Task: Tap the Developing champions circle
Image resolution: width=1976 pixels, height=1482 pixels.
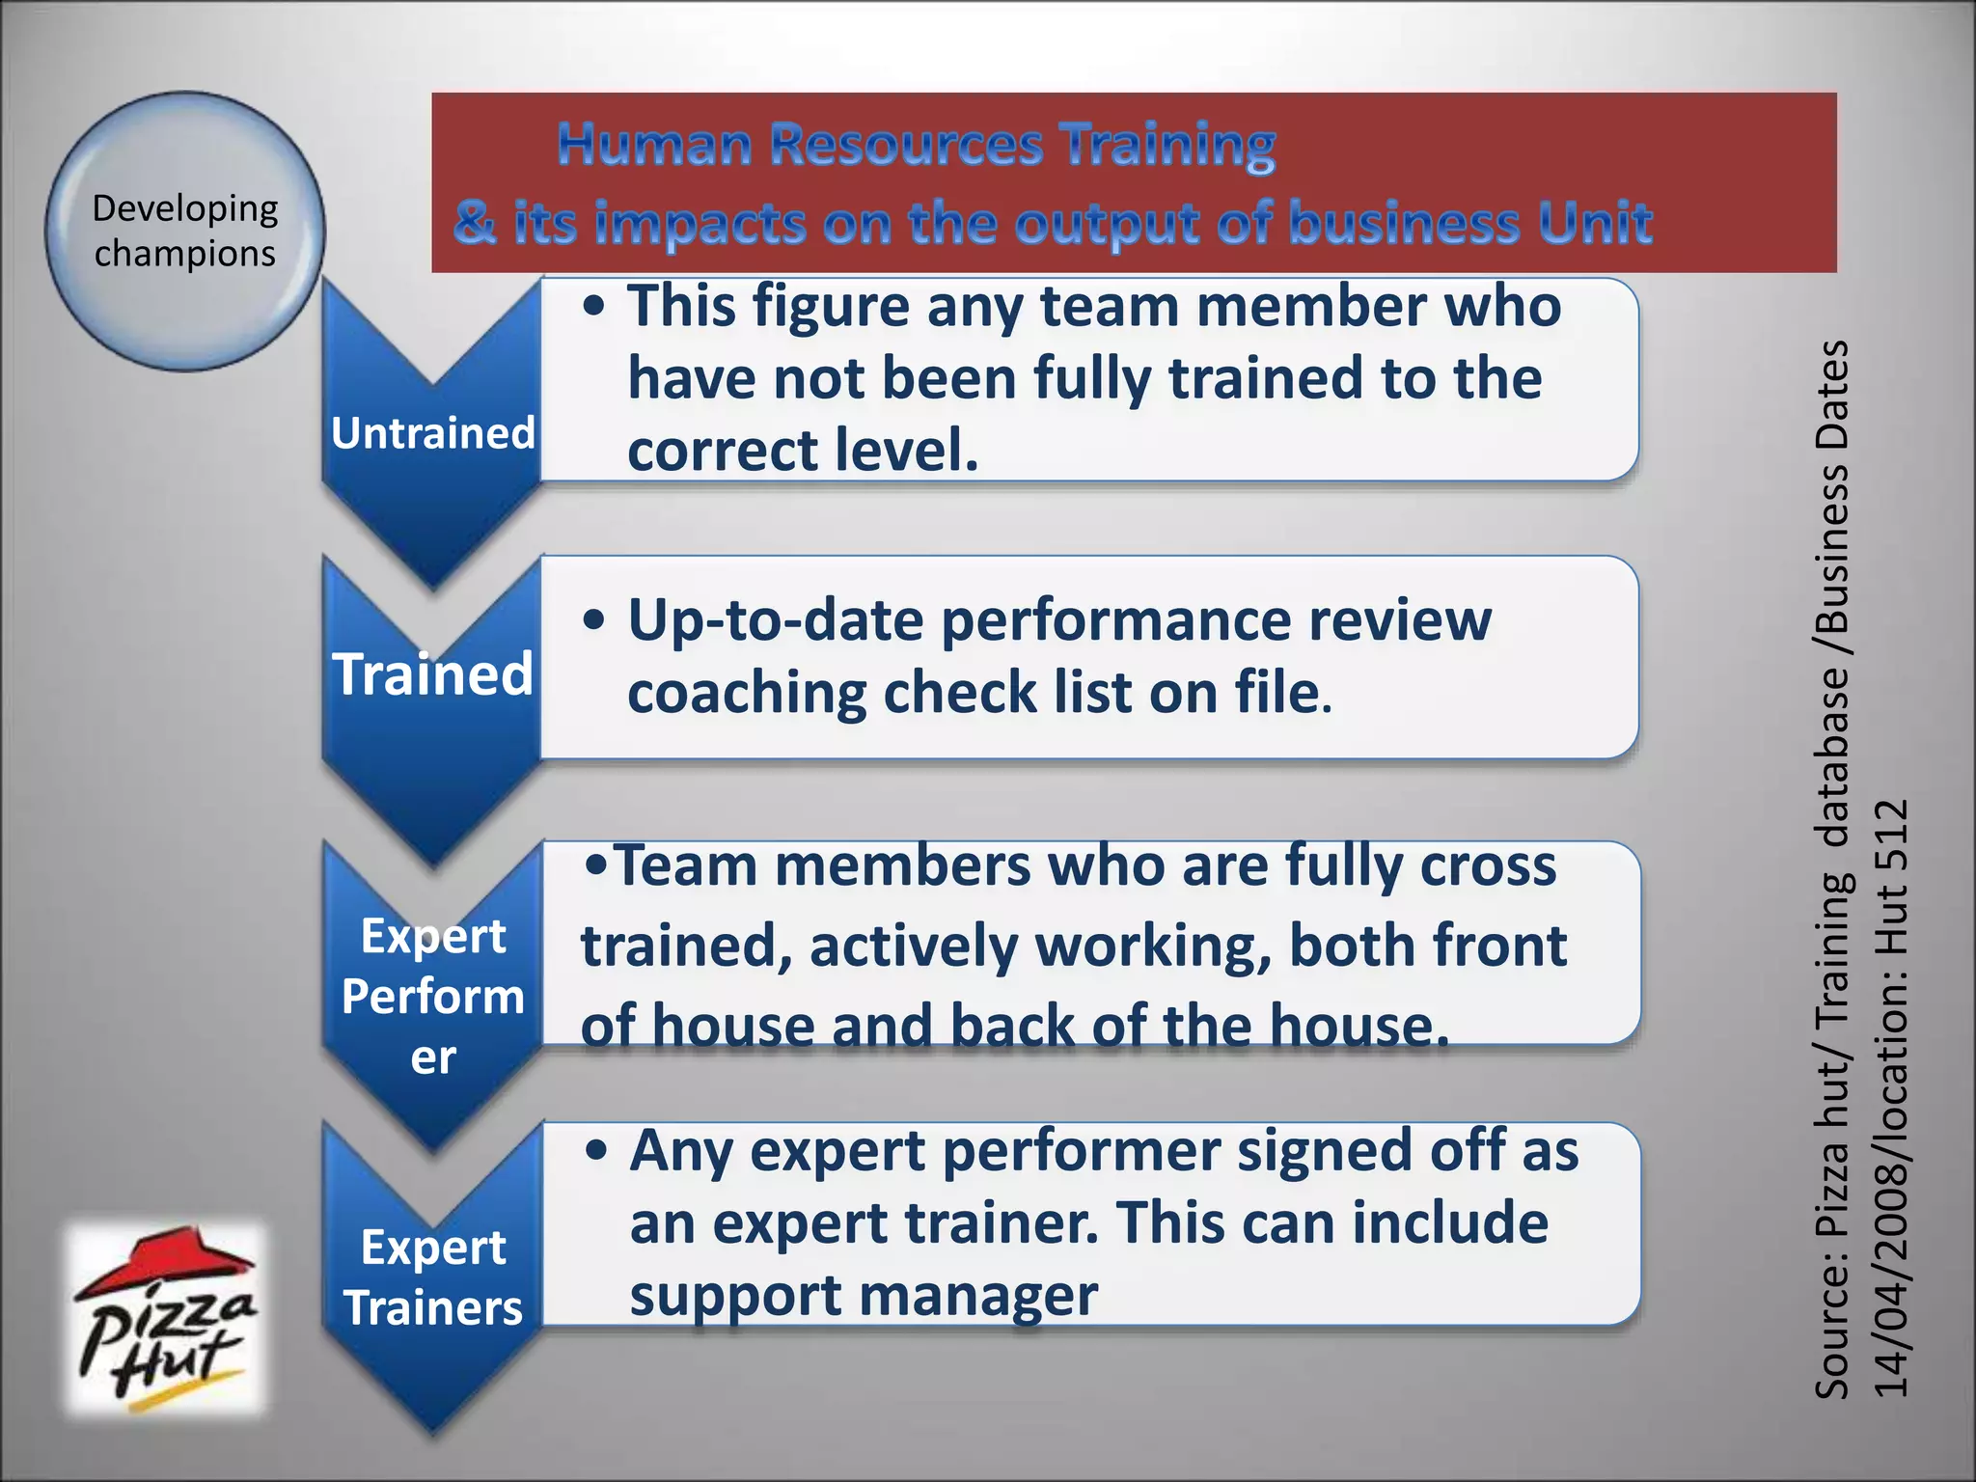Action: [185, 232]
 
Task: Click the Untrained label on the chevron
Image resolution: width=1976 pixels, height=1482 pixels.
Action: [432, 433]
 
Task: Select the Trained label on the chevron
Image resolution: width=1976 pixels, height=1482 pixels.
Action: [432, 673]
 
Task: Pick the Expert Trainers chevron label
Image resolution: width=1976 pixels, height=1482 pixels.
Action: [432, 1277]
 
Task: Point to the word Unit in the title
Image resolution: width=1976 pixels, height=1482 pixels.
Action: [1594, 224]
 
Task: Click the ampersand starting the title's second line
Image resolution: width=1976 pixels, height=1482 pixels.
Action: [475, 224]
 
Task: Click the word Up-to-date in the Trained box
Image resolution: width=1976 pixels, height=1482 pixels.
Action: [776, 620]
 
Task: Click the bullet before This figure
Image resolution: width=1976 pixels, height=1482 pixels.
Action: [595, 307]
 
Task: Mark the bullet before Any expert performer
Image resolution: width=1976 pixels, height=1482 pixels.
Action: [597, 1151]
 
